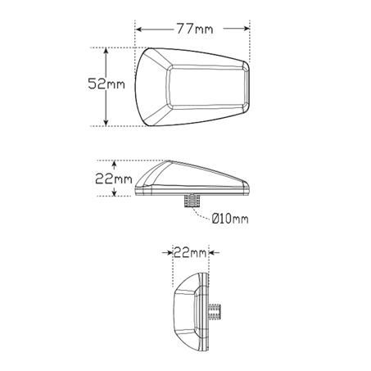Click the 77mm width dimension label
pyautogui.click(x=192, y=30)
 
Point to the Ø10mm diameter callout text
pyautogui.click(x=229, y=219)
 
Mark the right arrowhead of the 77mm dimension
pyautogui.click(x=247, y=30)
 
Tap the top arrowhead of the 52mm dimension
pyautogui.click(x=106, y=51)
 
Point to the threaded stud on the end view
pyautogui.click(x=216, y=311)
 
